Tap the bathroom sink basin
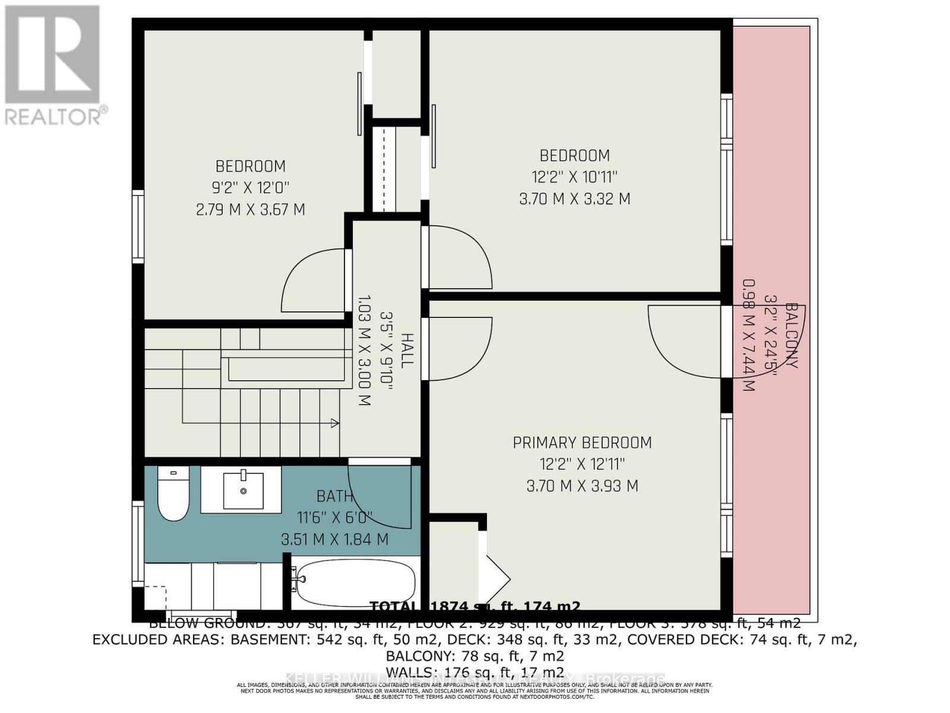pyautogui.click(x=243, y=491)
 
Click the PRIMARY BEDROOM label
pyautogui.click(x=582, y=443)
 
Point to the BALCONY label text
pyautogui.click(x=791, y=336)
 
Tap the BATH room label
pyautogui.click(x=334, y=496)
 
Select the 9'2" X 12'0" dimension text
pyautogui.click(x=251, y=188)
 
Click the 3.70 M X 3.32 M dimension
pyautogui.click(x=574, y=199)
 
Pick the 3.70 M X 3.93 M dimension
pyautogui.click(x=582, y=486)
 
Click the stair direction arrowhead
pyautogui.click(x=335, y=423)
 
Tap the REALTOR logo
pyautogui.click(x=53, y=65)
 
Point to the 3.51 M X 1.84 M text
pyautogui.click(x=334, y=540)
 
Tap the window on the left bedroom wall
pyautogui.click(x=138, y=226)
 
